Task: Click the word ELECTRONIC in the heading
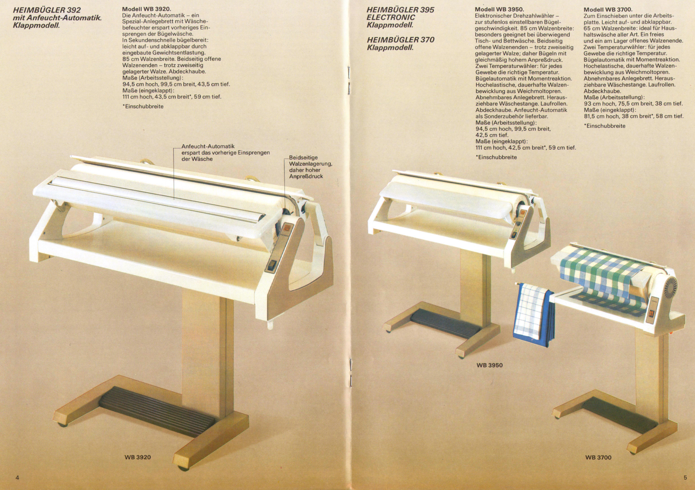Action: (x=391, y=18)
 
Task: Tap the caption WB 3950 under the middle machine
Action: (x=489, y=365)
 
